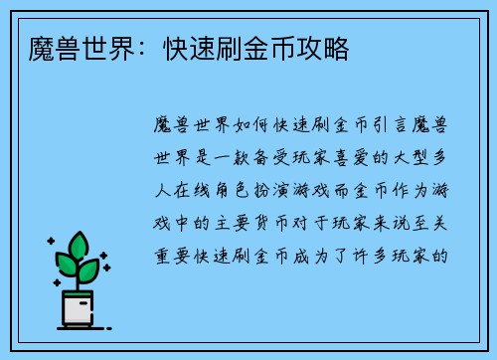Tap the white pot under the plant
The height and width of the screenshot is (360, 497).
[x=78, y=309]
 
